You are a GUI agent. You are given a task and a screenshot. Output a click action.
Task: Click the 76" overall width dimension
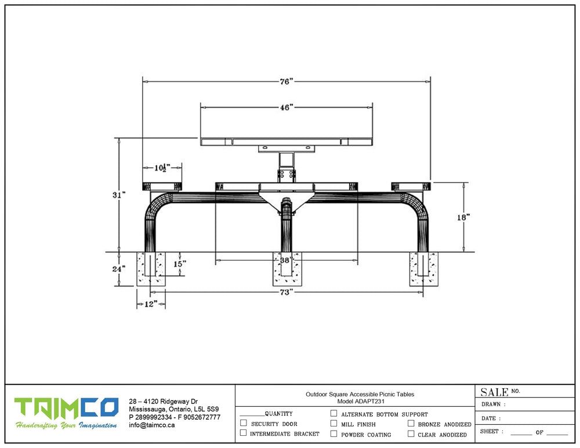287,81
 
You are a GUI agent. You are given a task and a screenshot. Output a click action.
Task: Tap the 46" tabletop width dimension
287,108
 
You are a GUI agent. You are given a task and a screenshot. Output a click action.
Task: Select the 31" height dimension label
119,195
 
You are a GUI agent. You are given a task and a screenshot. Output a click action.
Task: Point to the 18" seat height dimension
463,217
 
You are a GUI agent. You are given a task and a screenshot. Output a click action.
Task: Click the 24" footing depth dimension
119,269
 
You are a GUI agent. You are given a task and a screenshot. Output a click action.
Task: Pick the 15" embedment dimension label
180,264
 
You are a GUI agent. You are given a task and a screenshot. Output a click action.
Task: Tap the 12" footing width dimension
151,304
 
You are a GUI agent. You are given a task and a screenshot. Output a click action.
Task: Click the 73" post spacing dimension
287,292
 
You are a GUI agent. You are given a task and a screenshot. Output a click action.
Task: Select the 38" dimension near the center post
285,260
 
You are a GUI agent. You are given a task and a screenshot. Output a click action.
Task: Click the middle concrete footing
287,269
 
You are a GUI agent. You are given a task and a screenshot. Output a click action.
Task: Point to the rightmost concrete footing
423,269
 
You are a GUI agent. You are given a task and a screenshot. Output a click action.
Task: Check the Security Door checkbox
244,423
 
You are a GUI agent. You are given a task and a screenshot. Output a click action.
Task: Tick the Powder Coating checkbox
333,434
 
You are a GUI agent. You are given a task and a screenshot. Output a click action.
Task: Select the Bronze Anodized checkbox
411,423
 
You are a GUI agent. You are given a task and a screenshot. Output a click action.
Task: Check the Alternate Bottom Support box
333,413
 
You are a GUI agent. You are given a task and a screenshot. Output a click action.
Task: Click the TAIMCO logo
67,413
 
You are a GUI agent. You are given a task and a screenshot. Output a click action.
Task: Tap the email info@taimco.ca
151,425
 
